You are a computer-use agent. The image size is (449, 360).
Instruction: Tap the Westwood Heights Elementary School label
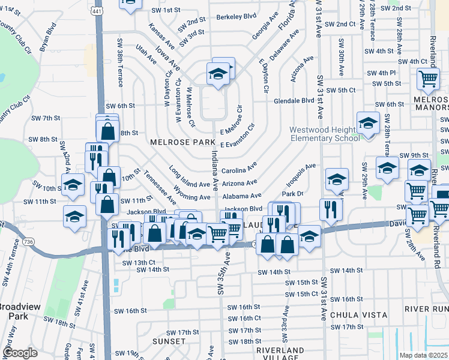(325, 134)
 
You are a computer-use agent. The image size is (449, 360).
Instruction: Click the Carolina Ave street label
(239, 168)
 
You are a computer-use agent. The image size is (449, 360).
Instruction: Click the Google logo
(20, 353)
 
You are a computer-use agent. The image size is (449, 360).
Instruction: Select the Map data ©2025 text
(424, 355)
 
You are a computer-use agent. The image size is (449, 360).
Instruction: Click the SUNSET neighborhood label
(169, 341)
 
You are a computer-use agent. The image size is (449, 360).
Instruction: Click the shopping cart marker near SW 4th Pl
(428, 78)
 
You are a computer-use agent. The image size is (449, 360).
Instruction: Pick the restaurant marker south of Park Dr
(331, 209)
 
